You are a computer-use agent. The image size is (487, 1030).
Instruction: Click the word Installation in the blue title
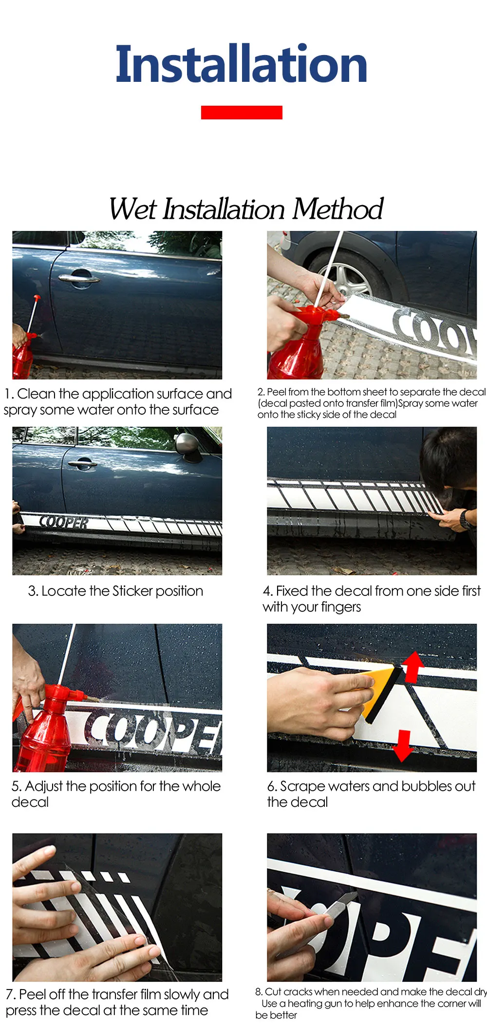(x=242, y=63)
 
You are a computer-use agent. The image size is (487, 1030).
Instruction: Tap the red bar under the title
(x=242, y=112)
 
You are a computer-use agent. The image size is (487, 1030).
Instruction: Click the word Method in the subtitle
(x=337, y=209)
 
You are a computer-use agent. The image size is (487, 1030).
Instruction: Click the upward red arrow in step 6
(x=412, y=666)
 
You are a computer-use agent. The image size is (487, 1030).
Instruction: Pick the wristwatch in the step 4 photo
(x=466, y=519)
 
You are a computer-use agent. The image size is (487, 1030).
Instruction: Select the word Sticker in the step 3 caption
(x=132, y=591)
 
